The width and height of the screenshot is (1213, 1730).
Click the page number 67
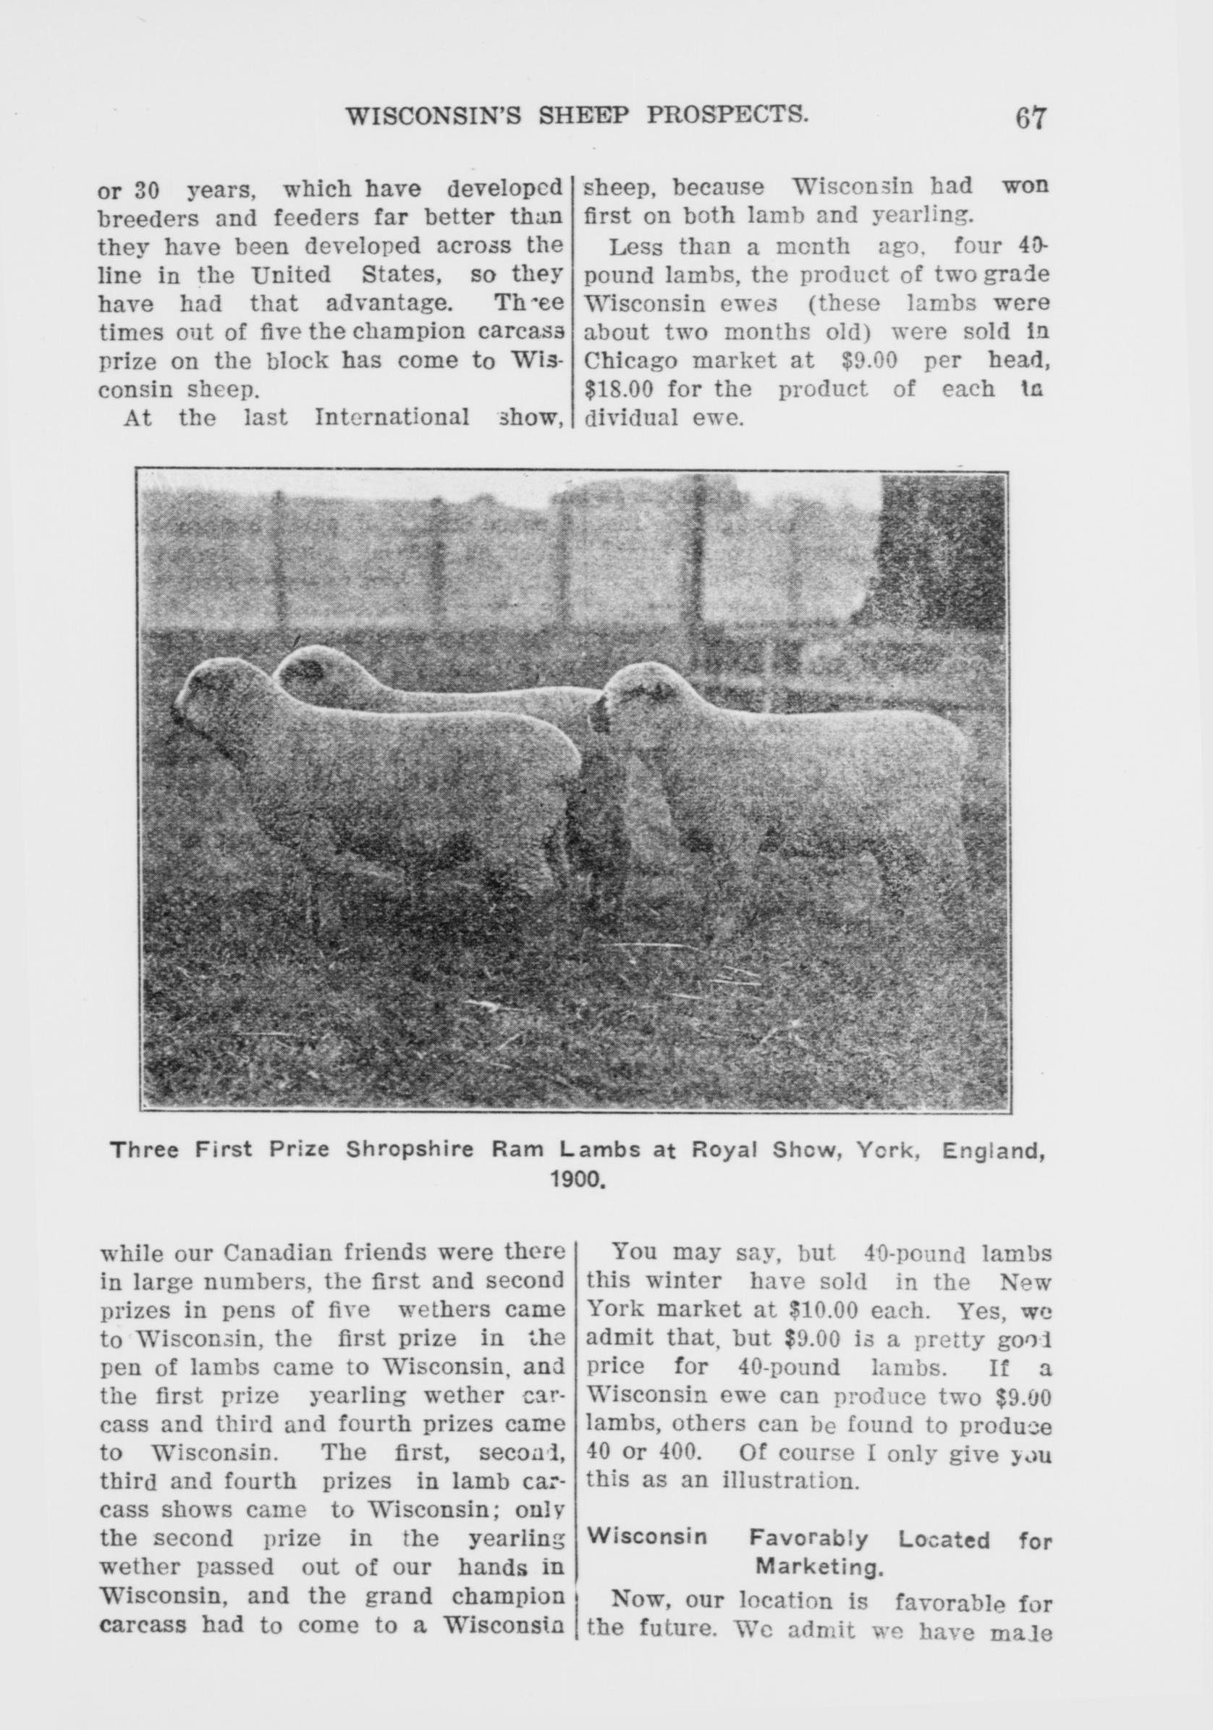click(x=1031, y=118)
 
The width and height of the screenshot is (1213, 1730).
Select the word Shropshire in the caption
click(x=410, y=1151)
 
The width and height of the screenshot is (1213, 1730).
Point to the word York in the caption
click(x=887, y=1151)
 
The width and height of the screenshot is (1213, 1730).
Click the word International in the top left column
click(x=392, y=418)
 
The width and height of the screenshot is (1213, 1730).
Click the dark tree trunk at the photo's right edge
click(x=942, y=557)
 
